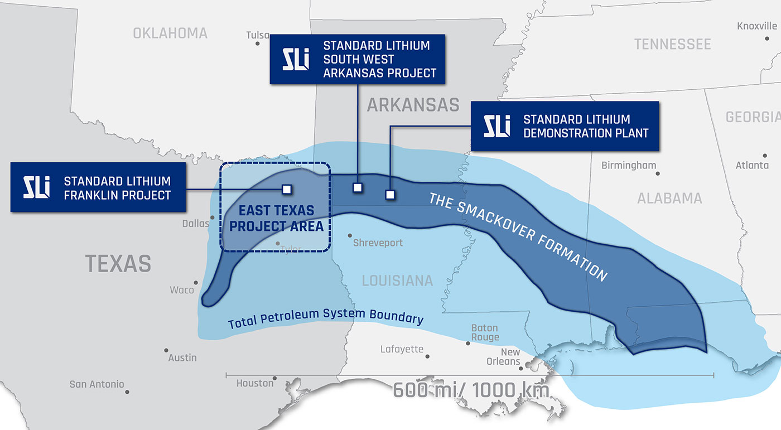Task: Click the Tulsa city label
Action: [257, 35]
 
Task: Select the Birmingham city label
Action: [629, 166]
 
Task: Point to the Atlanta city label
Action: [751, 166]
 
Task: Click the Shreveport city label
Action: [378, 243]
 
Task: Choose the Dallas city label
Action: [195, 224]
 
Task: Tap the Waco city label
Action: [182, 290]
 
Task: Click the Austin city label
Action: [182, 357]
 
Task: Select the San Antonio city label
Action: [97, 384]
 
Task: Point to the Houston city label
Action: [255, 383]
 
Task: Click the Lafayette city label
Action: [402, 350]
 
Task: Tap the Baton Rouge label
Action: [485, 333]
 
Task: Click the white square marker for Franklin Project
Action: [287, 190]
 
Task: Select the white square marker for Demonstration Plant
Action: [390, 195]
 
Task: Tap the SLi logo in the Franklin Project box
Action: [37, 187]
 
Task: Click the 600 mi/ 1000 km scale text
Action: [471, 390]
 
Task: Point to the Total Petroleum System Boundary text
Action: [325, 316]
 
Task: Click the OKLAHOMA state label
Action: [170, 33]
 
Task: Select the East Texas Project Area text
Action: [276, 219]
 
